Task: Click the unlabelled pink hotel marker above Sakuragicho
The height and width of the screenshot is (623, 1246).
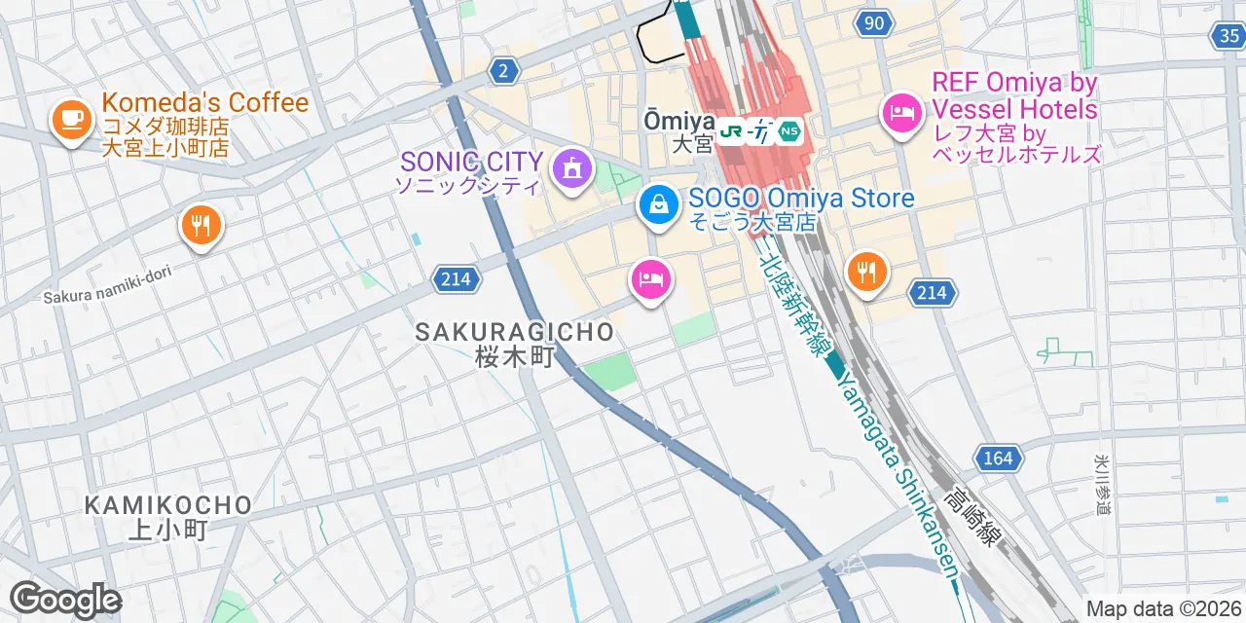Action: pyautogui.click(x=651, y=280)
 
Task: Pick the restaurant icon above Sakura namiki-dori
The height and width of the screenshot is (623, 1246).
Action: pyautogui.click(x=202, y=227)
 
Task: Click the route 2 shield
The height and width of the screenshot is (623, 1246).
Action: pyautogui.click(x=503, y=70)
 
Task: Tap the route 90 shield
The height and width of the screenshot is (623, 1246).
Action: pyautogui.click(x=875, y=22)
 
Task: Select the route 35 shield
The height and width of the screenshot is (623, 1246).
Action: pyautogui.click(x=1228, y=36)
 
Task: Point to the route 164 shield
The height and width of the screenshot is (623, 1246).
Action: pyautogui.click(x=998, y=458)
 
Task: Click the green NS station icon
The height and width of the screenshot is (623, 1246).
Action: pyautogui.click(x=789, y=130)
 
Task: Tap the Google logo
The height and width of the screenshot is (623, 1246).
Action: pyautogui.click(x=64, y=600)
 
